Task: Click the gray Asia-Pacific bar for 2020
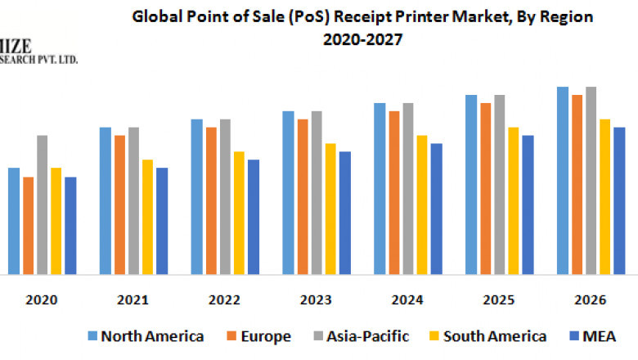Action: point(42,205)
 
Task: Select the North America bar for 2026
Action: point(563,180)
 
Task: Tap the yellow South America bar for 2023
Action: point(330,209)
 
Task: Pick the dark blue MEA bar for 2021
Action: point(162,221)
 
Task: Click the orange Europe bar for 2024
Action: point(394,192)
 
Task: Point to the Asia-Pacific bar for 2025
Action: point(500,184)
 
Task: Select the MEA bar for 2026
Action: point(619,200)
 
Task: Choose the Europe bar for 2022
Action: point(211,200)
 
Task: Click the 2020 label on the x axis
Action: point(42,300)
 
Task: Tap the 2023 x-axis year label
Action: point(317,300)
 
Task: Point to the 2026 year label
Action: point(591,300)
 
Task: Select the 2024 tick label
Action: point(408,300)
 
